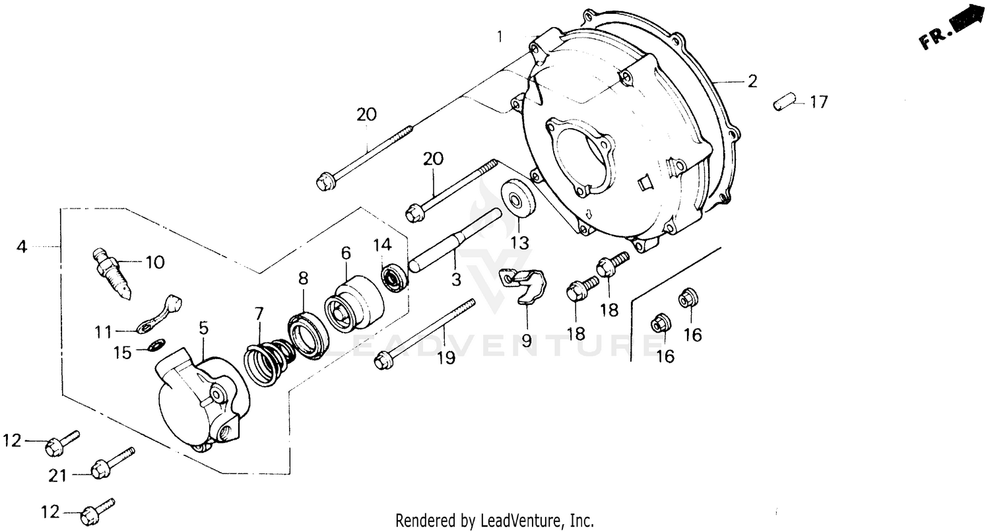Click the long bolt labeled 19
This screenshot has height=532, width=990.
(426, 332)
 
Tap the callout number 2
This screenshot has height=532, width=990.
(752, 82)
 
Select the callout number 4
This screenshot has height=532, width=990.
(22, 247)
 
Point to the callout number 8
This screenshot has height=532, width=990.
(302, 279)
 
